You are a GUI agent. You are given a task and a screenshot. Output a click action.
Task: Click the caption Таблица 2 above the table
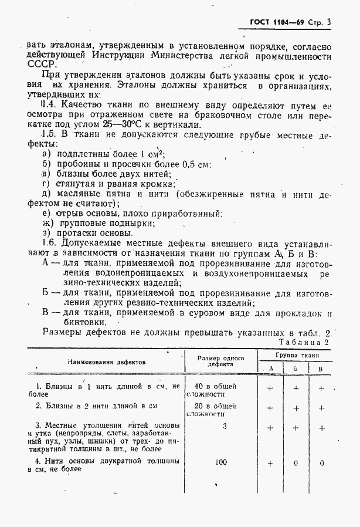point(305,342)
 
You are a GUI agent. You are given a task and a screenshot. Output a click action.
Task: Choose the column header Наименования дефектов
point(106,362)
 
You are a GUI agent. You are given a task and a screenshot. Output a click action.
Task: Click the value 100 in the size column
point(220,462)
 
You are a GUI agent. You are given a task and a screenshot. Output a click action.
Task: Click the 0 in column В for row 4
point(322,463)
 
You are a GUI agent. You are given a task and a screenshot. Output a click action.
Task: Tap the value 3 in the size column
point(224,427)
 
